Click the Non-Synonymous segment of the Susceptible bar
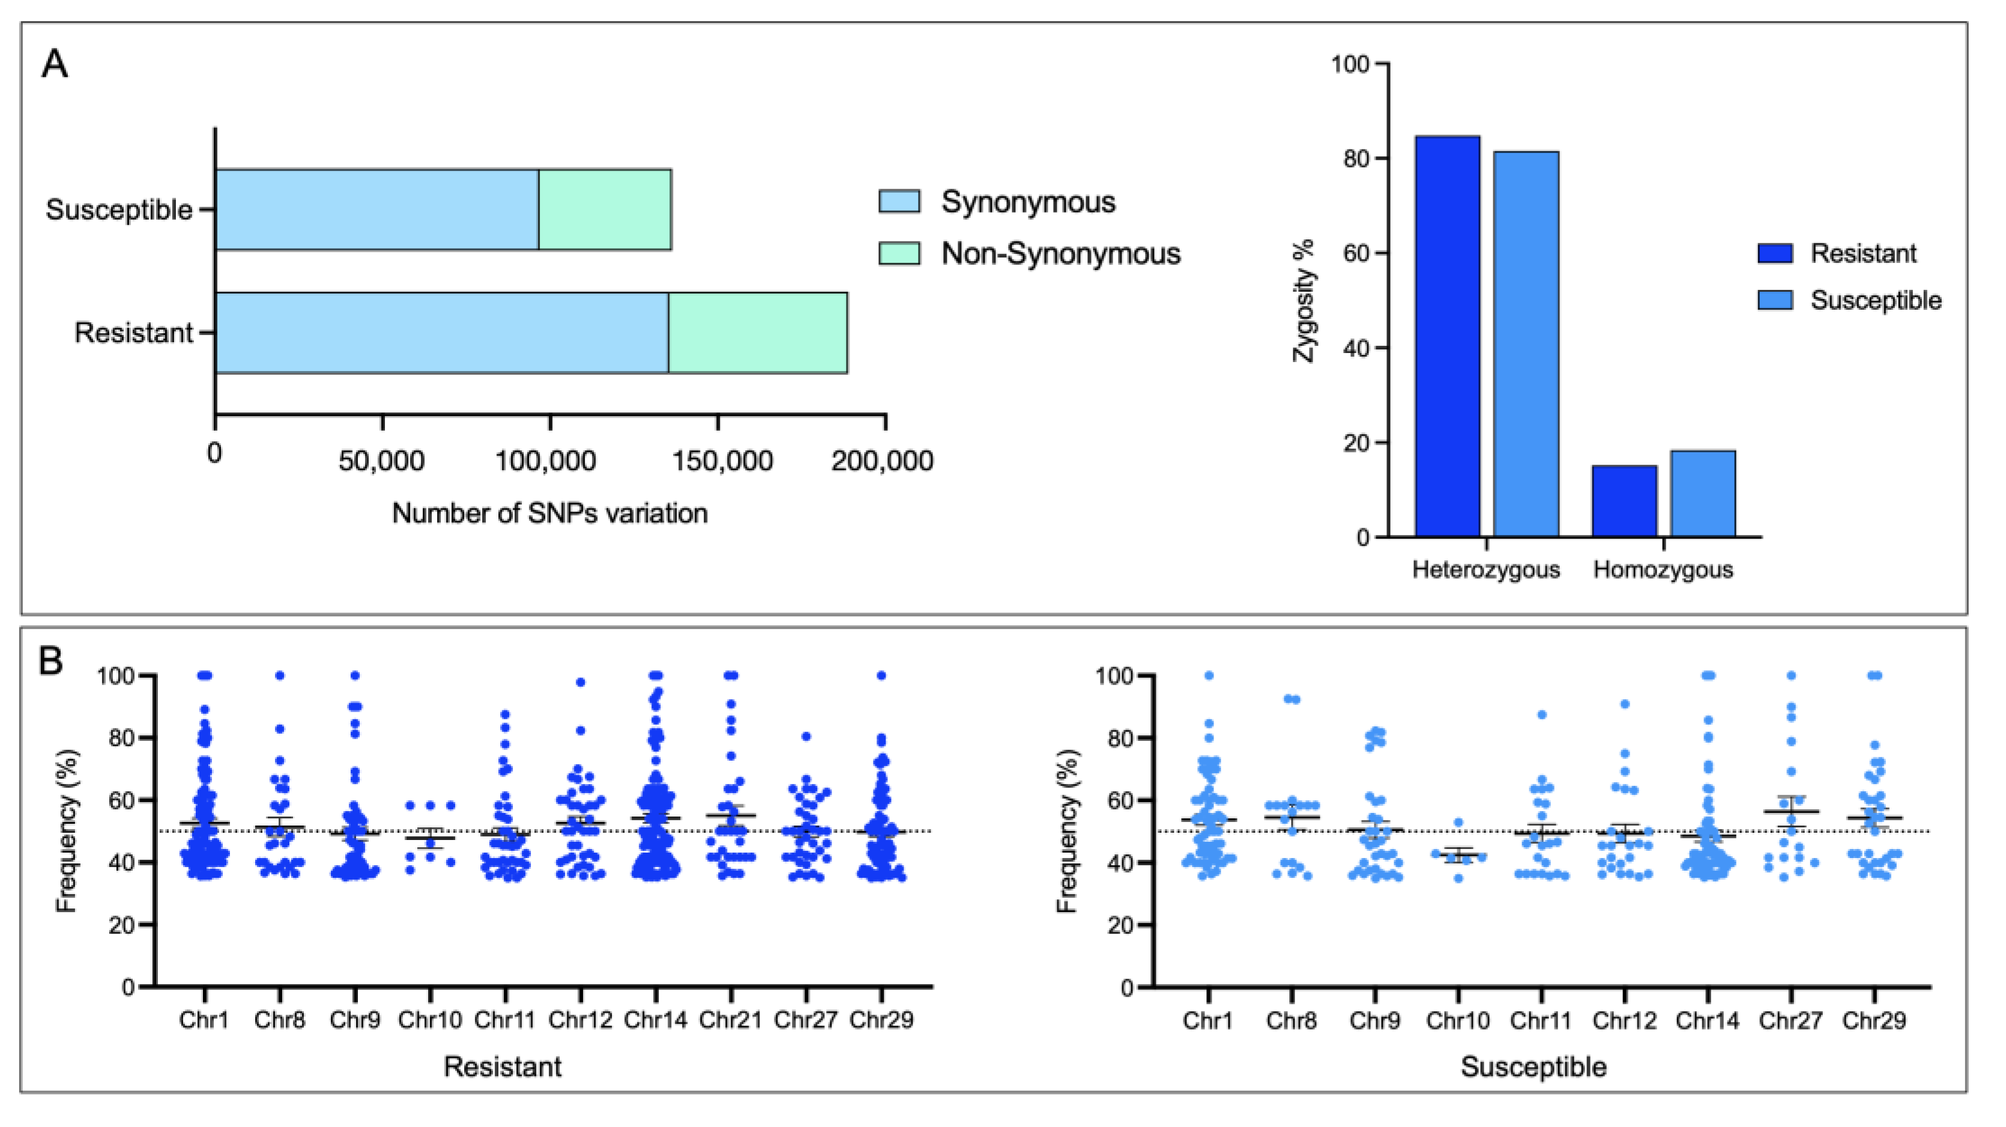(605, 210)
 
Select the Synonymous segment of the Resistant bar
(441, 333)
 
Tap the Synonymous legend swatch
(899, 201)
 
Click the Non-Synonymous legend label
(1060, 253)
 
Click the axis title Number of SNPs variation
(550, 513)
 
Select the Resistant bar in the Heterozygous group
(1447, 336)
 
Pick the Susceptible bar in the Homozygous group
(1702, 493)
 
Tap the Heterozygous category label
(1486, 569)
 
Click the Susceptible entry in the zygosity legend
(1875, 300)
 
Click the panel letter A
(55, 64)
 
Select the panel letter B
(52, 662)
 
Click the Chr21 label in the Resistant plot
(731, 1020)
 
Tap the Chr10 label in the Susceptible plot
(1458, 1020)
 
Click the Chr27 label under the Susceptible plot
(1790, 1020)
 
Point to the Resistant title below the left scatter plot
(503, 1066)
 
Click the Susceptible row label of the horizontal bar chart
(118, 210)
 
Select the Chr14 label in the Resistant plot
(656, 1020)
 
